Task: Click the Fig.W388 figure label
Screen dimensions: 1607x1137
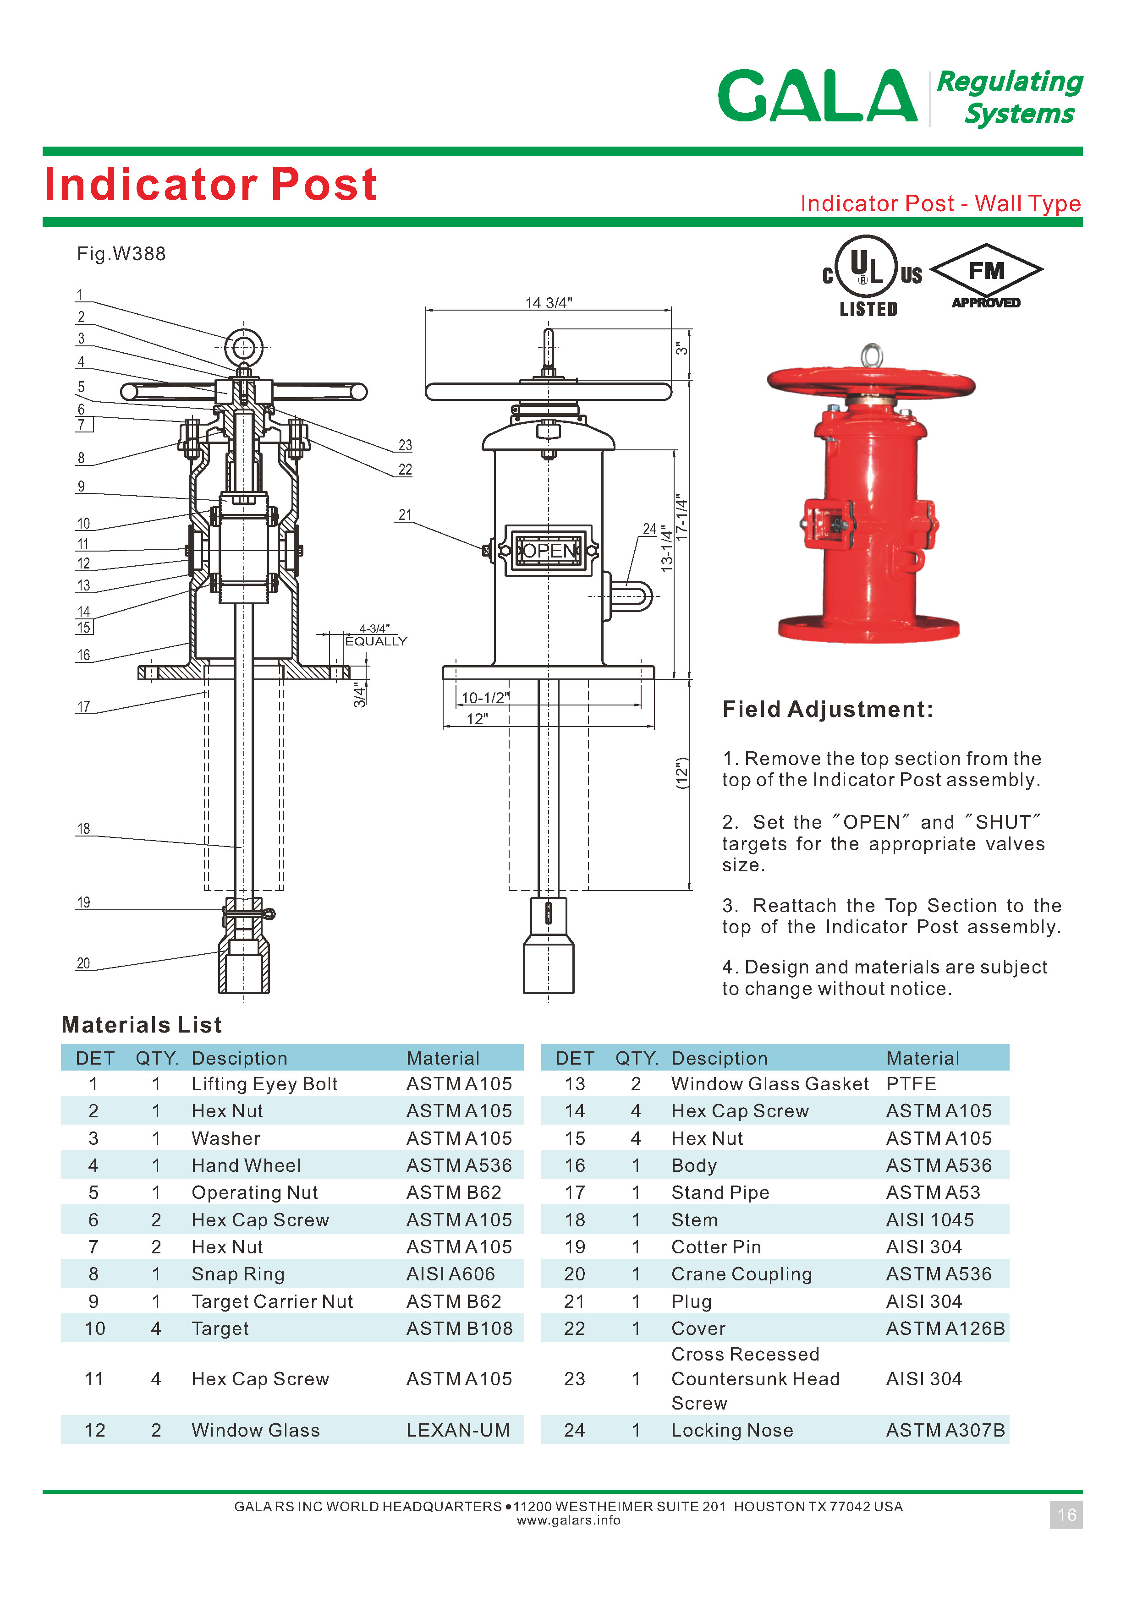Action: [121, 254]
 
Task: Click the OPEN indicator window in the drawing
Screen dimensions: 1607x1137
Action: [549, 551]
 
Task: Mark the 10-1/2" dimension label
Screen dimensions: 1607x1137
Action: [484, 698]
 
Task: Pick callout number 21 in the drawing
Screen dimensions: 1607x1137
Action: [405, 515]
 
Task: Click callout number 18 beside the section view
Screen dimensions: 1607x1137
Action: [83, 829]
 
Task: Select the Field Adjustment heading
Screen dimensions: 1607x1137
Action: [828, 710]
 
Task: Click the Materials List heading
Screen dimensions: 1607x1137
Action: [142, 1025]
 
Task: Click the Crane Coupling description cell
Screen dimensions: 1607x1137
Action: [742, 1274]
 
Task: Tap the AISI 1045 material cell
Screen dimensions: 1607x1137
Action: [930, 1220]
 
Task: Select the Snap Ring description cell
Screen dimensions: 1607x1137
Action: [238, 1274]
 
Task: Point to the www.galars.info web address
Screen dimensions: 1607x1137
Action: [568, 1520]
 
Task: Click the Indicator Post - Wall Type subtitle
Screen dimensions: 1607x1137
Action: [940, 204]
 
